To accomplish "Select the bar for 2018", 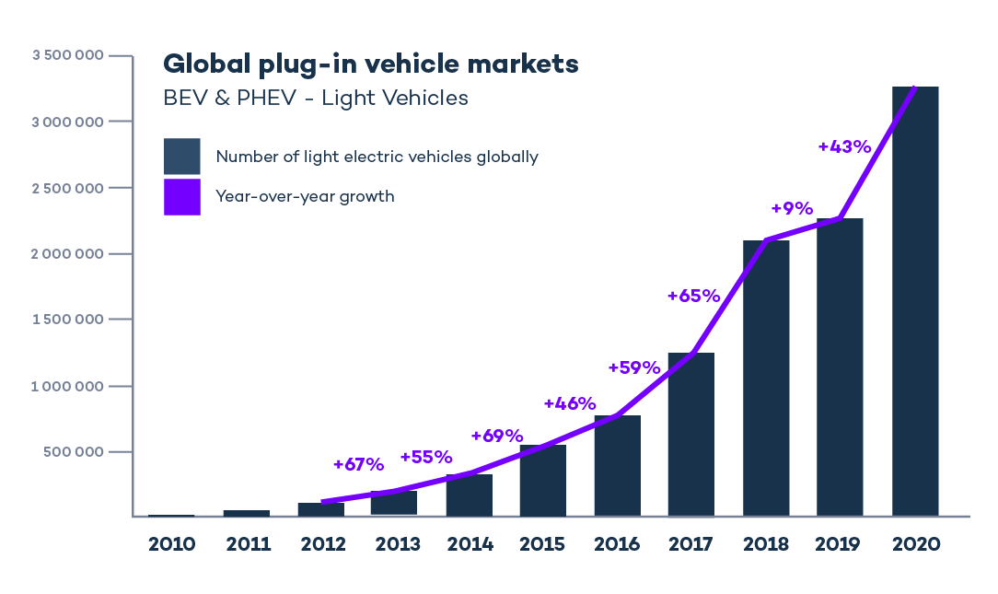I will click(766, 378).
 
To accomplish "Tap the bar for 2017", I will click(690, 434).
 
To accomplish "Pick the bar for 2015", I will click(542, 481).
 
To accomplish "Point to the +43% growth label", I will click(844, 146).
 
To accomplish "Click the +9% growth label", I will click(792, 208).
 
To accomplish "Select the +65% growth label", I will click(693, 296).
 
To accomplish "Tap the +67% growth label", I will click(358, 464).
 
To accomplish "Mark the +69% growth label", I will click(496, 436).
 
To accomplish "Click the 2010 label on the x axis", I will click(172, 544).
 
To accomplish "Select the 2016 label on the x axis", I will click(617, 544).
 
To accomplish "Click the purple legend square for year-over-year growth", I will click(182, 196).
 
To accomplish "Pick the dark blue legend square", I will click(182, 157).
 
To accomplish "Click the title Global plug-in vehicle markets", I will click(370, 64).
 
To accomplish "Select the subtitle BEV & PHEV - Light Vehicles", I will click(315, 98).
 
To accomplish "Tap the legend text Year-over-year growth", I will click(305, 196).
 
